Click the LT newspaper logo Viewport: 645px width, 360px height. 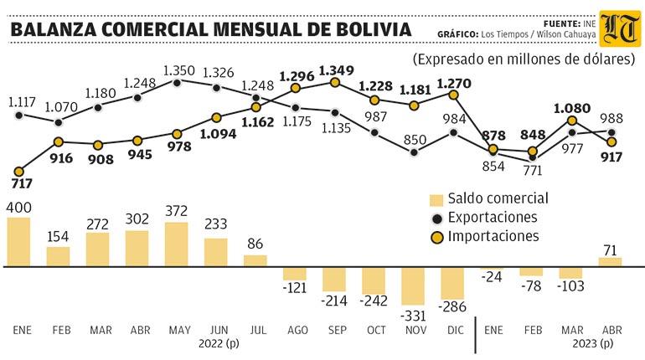(621, 29)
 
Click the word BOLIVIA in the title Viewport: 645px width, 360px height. (374, 29)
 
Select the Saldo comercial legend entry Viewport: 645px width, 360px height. (488, 198)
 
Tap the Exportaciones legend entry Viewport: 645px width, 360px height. (484, 218)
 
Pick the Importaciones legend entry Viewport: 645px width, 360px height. (484, 236)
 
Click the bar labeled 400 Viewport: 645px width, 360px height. (19, 242)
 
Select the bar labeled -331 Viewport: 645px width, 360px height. (413, 286)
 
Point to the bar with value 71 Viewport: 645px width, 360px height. (611, 262)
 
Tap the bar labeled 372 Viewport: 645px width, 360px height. (177, 244)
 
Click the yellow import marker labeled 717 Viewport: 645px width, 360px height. (18, 172)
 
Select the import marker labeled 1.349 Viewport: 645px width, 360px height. (335, 83)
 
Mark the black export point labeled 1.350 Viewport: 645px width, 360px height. (177, 83)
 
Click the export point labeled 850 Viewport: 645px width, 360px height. (415, 152)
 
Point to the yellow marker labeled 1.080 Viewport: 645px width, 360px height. (572, 121)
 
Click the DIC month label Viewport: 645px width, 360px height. (455, 330)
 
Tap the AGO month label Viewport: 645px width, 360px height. (297, 330)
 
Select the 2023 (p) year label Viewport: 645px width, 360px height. (593, 343)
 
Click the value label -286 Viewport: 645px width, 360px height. (452, 306)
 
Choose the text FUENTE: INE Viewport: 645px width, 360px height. (570, 23)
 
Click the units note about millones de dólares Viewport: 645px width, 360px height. (524, 59)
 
